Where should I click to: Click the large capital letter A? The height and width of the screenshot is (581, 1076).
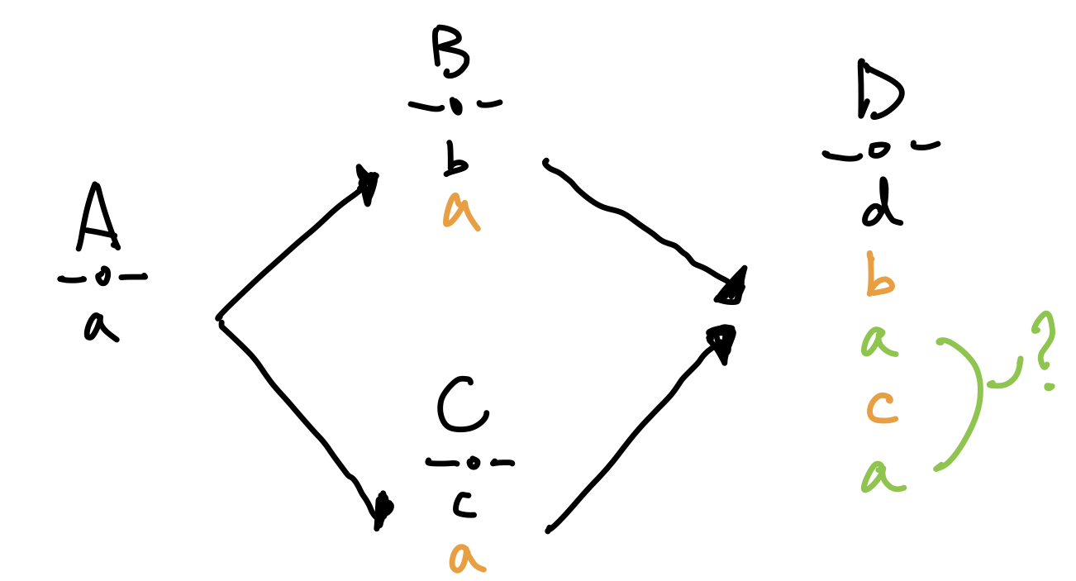point(98,217)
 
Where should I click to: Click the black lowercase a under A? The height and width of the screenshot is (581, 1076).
point(100,326)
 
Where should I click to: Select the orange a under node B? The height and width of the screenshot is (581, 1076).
point(460,212)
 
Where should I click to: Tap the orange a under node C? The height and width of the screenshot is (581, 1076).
point(468,558)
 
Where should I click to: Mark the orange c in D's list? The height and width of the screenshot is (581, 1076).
point(882,407)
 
